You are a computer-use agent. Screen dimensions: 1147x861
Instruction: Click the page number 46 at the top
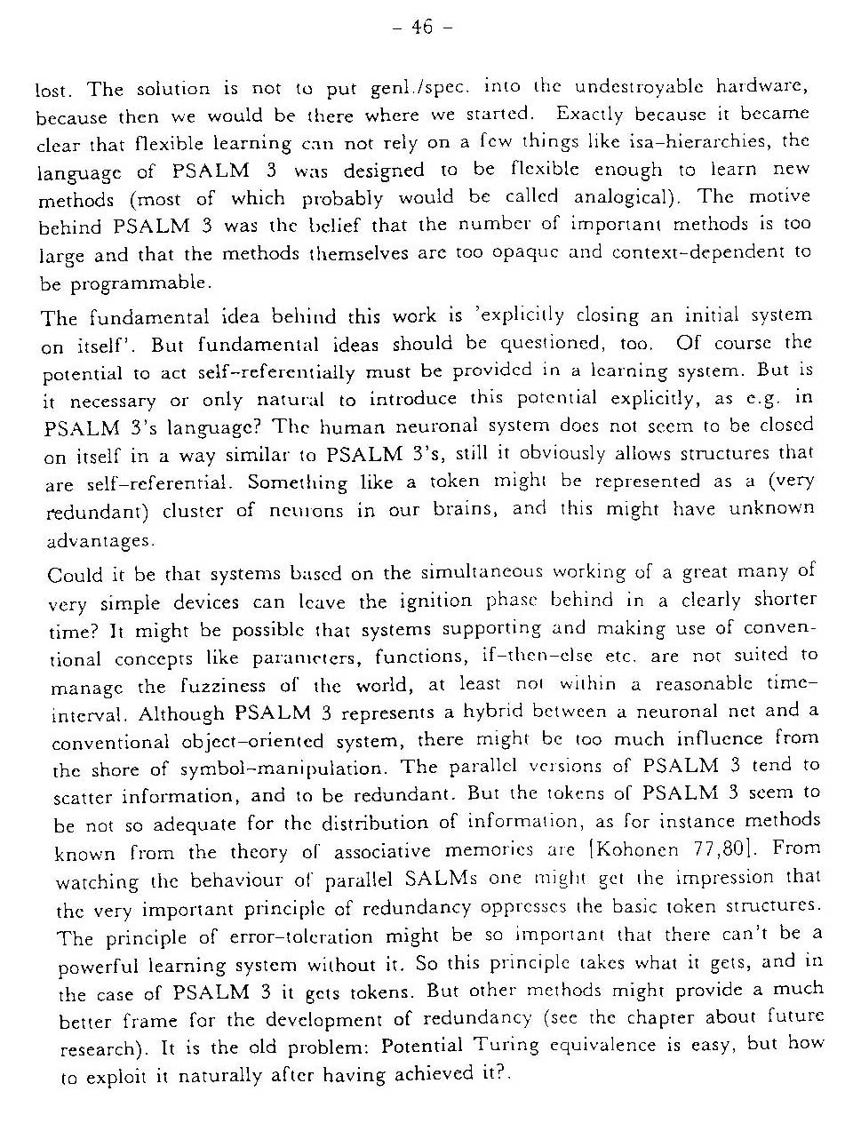point(423,28)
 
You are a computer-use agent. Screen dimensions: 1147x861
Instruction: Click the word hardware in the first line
point(761,86)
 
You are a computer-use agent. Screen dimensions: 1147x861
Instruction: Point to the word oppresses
point(522,906)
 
